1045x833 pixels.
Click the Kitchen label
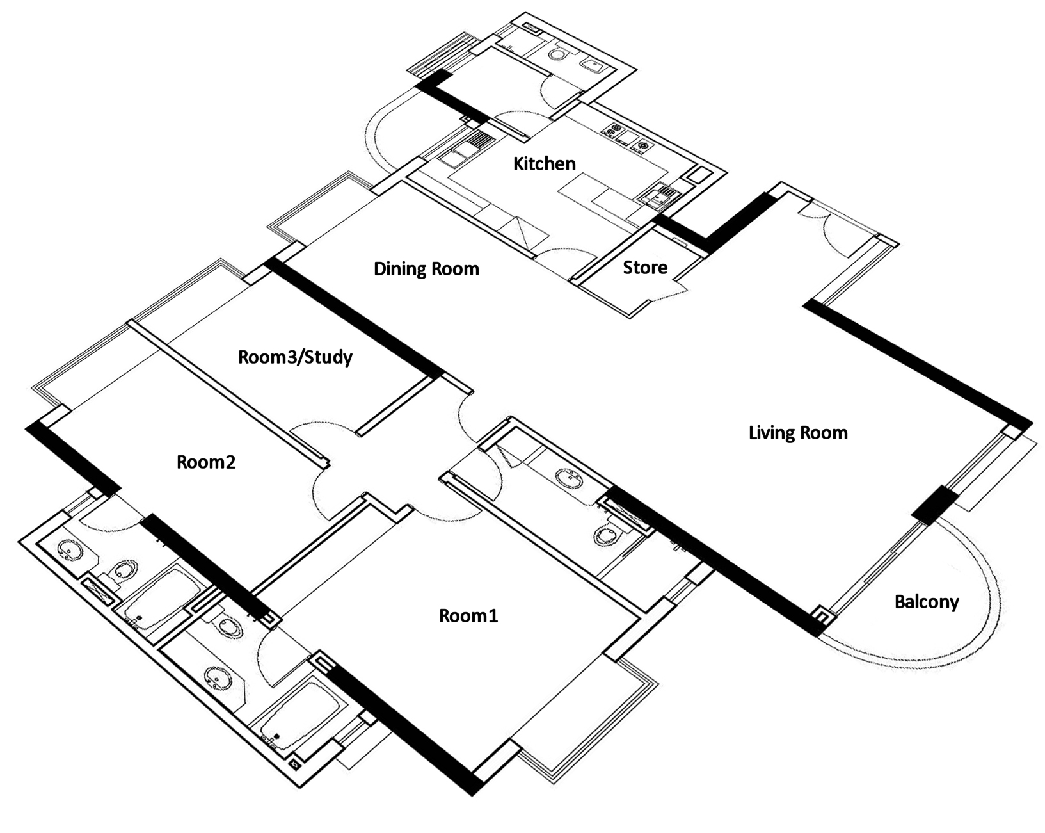[544, 164]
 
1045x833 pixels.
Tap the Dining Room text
[426, 268]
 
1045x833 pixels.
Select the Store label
[645, 267]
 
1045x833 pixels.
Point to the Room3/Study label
[295, 357]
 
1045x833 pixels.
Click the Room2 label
[206, 462]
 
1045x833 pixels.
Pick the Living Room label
[798, 433]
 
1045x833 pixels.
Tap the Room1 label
[468, 616]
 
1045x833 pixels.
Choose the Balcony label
[927, 602]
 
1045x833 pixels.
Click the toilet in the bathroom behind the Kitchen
[560, 54]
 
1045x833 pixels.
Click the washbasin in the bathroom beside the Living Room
[568, 478]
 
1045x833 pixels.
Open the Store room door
[672, 289]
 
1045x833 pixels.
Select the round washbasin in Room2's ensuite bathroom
[68, 550]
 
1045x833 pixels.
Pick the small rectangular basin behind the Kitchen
[591, 64]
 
